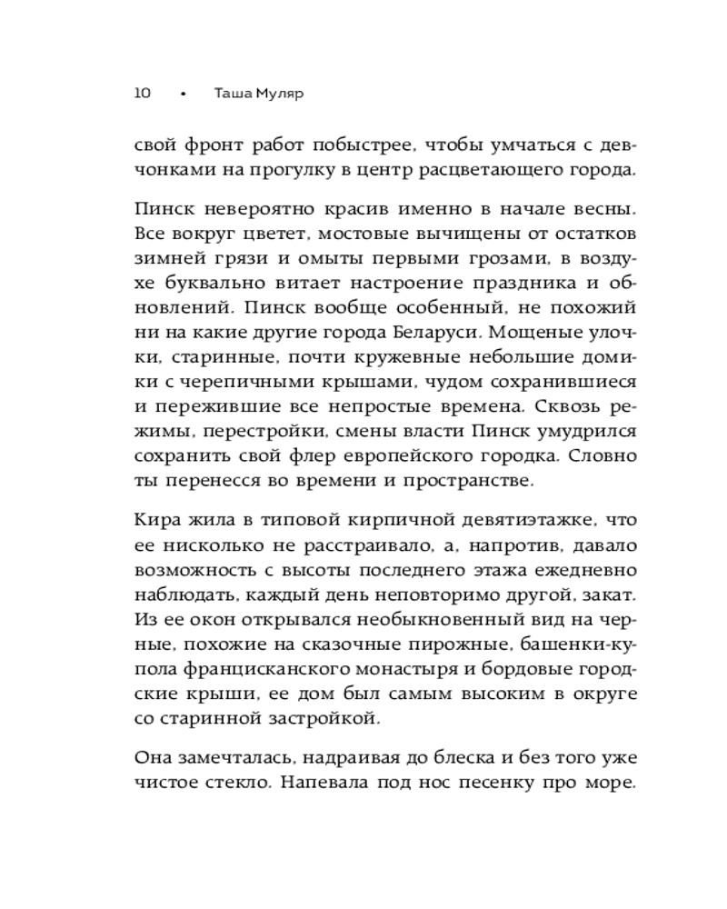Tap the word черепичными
tap(242, 382)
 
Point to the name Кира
tap(155, 520)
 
